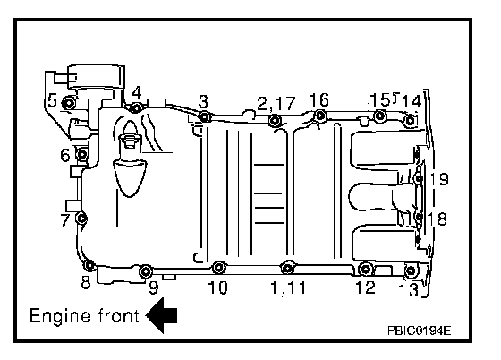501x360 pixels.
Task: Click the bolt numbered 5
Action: [x=69, y=103]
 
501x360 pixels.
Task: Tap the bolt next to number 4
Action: [x=136, y=108]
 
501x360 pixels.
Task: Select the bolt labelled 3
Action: [x=205, y=116]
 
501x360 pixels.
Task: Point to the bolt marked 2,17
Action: [x=275, y=121]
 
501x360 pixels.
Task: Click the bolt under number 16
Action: [x=320, y=116]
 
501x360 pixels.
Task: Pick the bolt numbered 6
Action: [x=82, y=154]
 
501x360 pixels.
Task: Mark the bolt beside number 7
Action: [x=81, y=219]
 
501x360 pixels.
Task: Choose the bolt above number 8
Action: [x=89, y=265]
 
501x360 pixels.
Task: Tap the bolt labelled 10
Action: [x=219, y=267]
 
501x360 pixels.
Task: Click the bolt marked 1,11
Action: [x=287, y=267]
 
